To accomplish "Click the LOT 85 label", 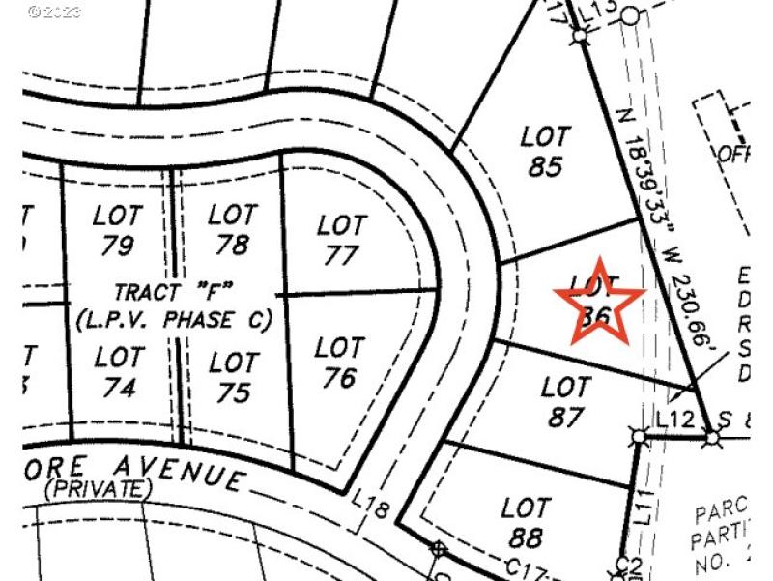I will (545, 152).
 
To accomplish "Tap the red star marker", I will (599, 302).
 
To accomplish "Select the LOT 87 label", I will (565, 402).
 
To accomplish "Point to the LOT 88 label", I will (525, 522).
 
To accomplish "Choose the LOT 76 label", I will (339, 362).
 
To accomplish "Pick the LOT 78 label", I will (232, 229).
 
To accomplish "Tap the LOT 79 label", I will (117, 230).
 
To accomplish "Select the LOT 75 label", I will (233, 377).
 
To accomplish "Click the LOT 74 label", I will (119, 372).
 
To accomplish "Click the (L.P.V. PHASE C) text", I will (174, 318).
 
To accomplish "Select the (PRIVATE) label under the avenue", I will (98, 489).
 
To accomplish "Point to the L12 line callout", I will (674, 420).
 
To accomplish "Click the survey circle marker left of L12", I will (639, 437).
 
